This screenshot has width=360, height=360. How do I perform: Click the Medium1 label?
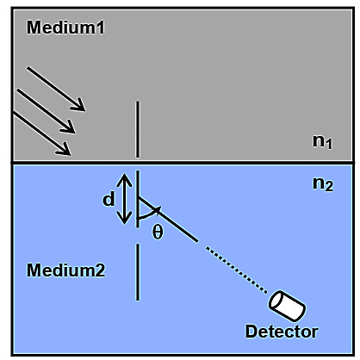[x=65, y=28]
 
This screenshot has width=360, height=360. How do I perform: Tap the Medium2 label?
[x=65, y=270]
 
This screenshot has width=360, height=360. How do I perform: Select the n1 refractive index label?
[x=322, y=141]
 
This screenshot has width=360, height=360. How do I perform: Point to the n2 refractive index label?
[x=323, y=183]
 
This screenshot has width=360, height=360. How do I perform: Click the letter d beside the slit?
[x=109, y=199]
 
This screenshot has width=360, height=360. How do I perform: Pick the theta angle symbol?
[x=158, y=232]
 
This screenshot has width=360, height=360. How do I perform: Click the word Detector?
[x=282, y=332]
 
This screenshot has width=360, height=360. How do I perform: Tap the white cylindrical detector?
[x=287, y=306]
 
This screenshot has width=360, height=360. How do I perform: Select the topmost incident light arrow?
[x=56, y=89]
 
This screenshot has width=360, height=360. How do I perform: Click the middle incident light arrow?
[x=46, y=111]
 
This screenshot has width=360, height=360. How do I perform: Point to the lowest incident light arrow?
[x=41, y=133]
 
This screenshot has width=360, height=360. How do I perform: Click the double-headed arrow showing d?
[x=125, y=199]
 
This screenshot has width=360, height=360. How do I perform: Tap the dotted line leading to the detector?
[x=237, y=270]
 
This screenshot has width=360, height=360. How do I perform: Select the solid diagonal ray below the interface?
[x=168, y=220]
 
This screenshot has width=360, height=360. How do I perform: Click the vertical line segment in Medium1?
[x=138, y=129]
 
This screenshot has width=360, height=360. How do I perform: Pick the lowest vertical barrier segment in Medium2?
[x=138, y=272]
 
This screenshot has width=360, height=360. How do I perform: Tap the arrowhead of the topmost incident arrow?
[x=79, y=106]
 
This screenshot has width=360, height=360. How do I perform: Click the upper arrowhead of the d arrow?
[x=125, y=179]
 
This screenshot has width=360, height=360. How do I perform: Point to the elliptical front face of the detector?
[x=276, y=301]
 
